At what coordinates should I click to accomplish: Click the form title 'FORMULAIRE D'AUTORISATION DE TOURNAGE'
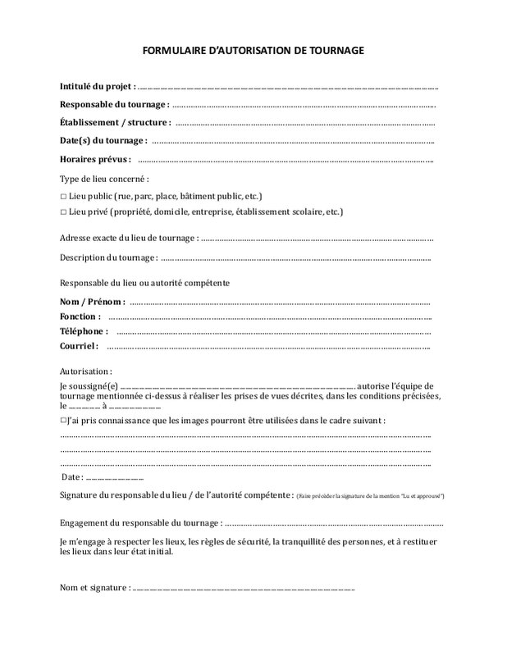[253, 51]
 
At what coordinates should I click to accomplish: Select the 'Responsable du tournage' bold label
[114, 104]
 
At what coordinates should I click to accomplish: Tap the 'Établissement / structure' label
[115, 122]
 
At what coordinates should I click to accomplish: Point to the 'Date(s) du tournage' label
[103, 140]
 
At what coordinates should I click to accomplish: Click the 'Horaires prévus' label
[95, 159]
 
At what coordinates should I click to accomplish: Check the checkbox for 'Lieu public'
[63, 197]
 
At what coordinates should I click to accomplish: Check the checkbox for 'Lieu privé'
[63, 212]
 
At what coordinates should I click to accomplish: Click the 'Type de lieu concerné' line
[104, 179]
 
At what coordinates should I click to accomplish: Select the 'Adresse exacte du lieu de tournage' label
[129, 238]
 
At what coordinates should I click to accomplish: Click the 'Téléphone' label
[84, 331]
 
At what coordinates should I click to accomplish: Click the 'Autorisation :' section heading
[86, 371]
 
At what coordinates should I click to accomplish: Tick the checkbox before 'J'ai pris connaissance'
[63, 420]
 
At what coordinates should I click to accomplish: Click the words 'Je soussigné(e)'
[89, 386]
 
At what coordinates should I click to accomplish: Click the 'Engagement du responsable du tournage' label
[140, 523]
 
